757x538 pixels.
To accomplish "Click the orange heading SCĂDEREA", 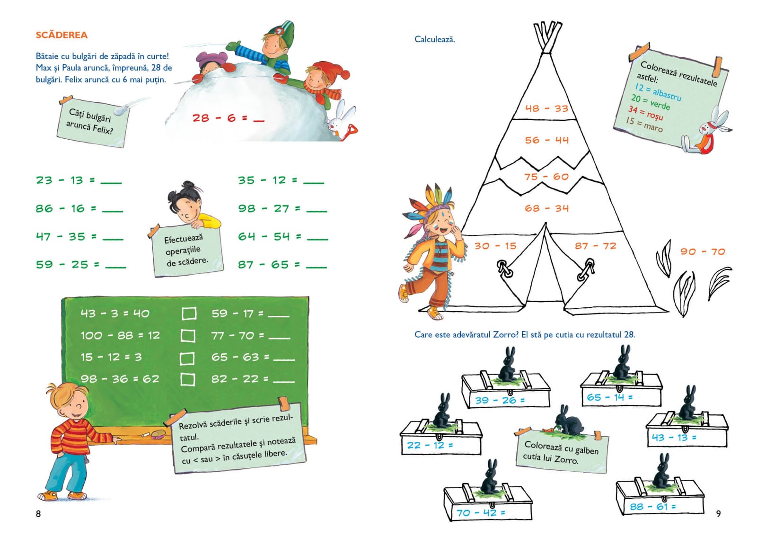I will [62, 35].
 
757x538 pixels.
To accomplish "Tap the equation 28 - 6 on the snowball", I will [220, 118].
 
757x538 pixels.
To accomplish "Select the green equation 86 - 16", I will [66, 208].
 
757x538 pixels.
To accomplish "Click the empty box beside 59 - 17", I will [189, 313].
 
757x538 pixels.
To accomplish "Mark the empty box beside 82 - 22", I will [187, 379].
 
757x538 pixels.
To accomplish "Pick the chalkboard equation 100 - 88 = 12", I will [120, 335].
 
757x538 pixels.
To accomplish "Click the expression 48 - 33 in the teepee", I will [546, 108].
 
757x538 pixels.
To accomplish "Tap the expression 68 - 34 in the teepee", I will [546, 208].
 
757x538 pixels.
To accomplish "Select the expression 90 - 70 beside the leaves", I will [703, 251].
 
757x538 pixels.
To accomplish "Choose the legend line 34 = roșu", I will [645, 113].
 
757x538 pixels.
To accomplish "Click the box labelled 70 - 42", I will [487, 504].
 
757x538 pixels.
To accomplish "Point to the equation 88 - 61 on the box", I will [653, 507].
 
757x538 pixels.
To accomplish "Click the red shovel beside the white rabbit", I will [352, 132].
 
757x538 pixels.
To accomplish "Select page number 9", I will [718, 513].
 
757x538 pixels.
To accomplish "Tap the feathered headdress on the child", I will [428, 204].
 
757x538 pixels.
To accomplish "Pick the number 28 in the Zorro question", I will [629, 335].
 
